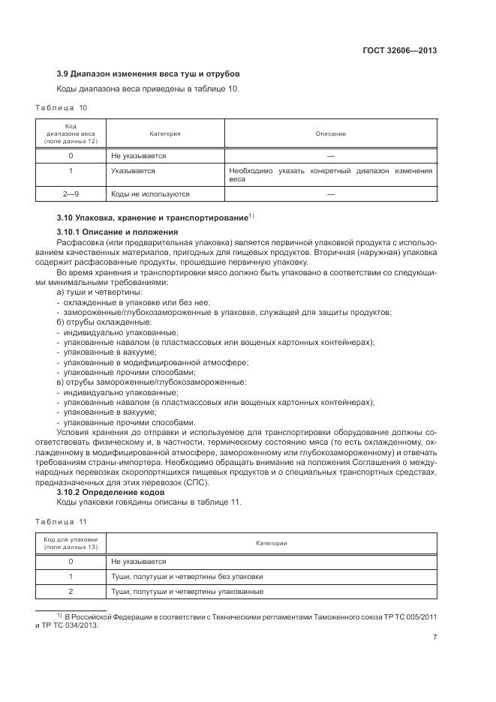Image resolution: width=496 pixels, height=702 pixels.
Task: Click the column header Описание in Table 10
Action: [331, 133]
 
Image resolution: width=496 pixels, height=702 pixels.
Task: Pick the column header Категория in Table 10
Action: [165, 133]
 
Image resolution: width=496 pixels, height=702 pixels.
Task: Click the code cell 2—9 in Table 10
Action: [71, 193]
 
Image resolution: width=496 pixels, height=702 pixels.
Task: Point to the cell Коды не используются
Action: [150, 193]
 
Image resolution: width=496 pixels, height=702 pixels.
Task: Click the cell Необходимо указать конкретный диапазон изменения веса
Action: [330, 175]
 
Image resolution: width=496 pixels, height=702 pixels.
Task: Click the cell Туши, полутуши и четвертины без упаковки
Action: [186, 577]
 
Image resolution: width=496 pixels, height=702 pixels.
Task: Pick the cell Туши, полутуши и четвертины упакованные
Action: [186, 592]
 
